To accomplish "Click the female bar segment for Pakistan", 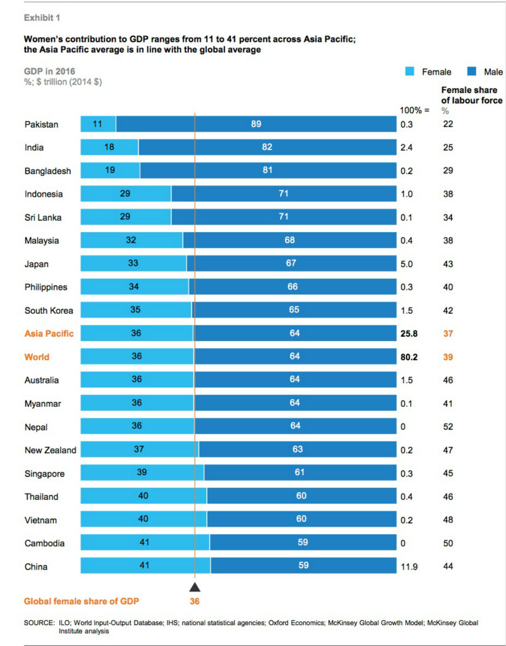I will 98,124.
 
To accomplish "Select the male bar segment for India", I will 266,147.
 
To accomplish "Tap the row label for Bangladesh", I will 47,171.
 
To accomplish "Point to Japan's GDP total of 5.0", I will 406,264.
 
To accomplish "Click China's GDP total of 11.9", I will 409,566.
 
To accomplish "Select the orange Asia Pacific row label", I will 49,333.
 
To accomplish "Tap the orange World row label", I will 37,357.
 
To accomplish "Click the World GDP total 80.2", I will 409,357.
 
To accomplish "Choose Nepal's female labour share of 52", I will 448,426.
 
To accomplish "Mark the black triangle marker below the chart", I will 195,587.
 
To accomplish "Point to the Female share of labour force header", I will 471,95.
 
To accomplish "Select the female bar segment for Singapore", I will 142,473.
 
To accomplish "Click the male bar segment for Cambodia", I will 303,542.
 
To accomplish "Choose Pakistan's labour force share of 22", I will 448,124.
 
